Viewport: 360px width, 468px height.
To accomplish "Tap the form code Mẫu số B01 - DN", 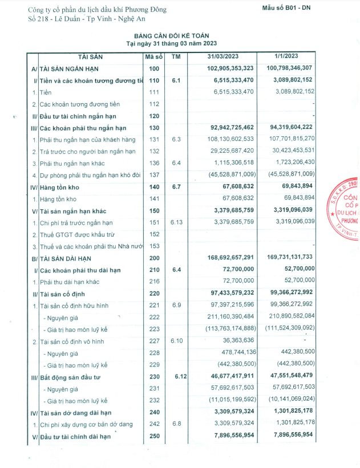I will tap(289, 7).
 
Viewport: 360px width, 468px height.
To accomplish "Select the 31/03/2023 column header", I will tap(224, 56).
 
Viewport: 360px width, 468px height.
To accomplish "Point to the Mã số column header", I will tap(155, 56).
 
